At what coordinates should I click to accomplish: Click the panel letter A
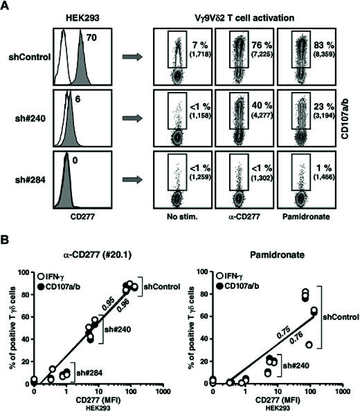[5, 6]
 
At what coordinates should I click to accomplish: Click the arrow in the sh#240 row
[132, 119]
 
